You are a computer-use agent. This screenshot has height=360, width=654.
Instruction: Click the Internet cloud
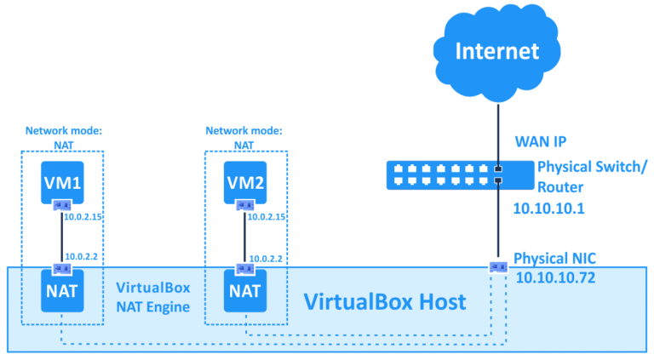497,51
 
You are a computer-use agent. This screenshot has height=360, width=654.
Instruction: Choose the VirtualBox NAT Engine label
153,297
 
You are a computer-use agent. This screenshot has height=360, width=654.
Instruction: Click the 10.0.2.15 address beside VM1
84,216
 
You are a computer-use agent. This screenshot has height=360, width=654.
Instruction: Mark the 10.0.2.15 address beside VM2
266,216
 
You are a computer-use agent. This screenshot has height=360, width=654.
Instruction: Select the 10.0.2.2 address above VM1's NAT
81,255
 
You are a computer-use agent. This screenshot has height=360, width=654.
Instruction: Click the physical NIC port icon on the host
497,267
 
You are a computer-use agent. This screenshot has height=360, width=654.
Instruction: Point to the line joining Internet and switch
497,128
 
